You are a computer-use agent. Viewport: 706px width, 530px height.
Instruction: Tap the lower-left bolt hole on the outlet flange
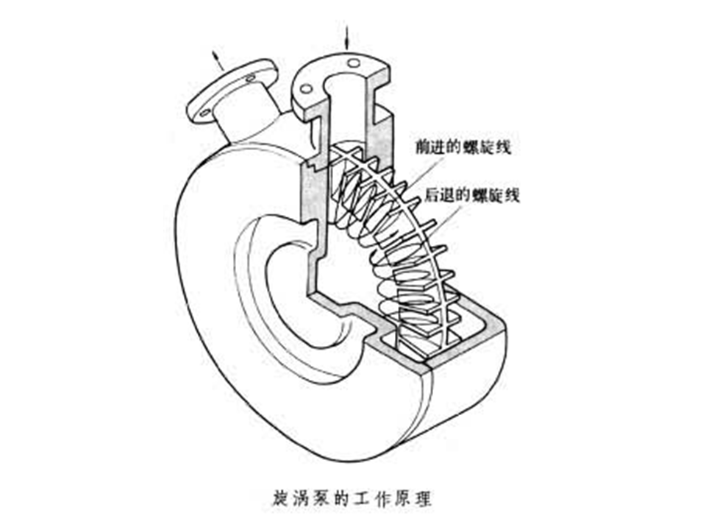coord(204,113)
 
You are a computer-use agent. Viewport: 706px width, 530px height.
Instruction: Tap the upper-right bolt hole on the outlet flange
coord(251,77)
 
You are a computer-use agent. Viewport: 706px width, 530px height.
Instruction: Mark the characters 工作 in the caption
coord(369,497)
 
